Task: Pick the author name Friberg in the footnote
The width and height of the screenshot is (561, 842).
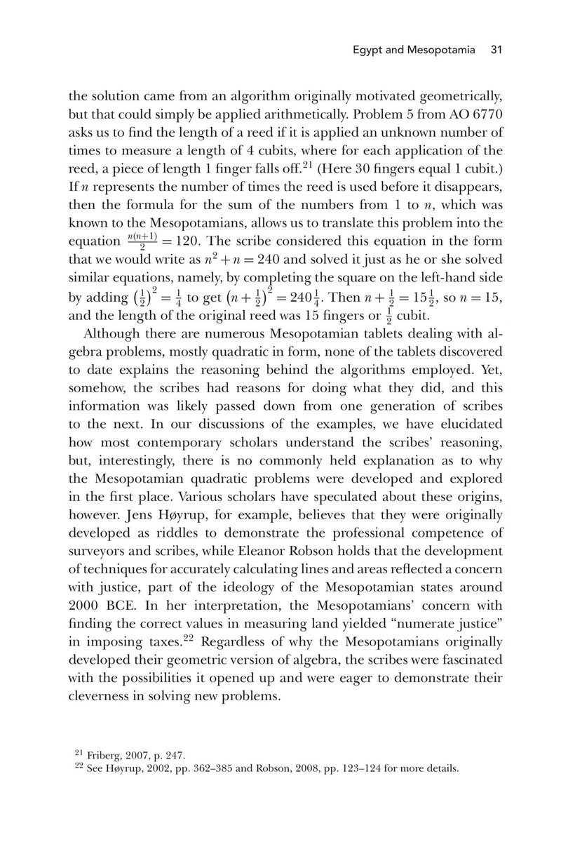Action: (x=104, y=755)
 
